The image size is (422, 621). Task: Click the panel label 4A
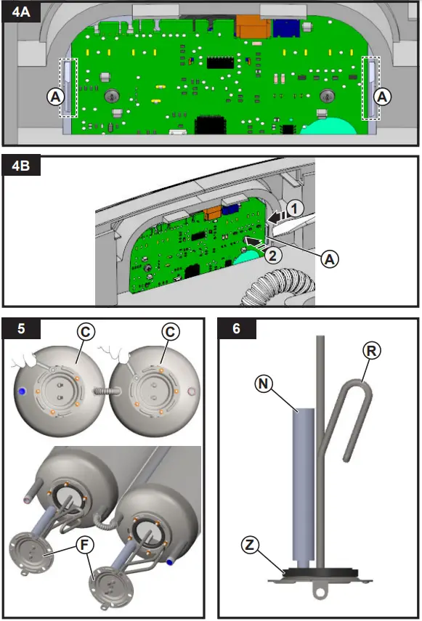tap(21, 12)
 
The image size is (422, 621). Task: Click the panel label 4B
tap(21, 165)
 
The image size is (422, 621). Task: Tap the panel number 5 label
tap(21, 328)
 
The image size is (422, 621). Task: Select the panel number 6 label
tap(236, 328)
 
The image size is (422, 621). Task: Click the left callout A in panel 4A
tap(56, 97)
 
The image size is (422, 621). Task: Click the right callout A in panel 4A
tap(382, 97)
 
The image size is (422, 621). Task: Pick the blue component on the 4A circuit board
tap(286, 28)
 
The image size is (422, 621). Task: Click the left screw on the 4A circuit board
tap(113, 95)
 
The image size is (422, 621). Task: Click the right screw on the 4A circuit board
tap(327, 95)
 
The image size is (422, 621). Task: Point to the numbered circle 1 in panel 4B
tap(295, 208)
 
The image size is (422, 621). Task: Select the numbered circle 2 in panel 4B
tap(273, 255)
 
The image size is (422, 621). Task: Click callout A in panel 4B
tap(329, 259)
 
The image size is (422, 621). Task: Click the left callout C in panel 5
tap(86, 331)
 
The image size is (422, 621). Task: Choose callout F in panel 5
tap(84, 545)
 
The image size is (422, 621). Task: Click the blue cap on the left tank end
tap(22, 391)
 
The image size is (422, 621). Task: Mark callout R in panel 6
tap(371, 351)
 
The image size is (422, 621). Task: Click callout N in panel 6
tap(264, 383)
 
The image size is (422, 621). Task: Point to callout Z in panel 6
tap(250, 545)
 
